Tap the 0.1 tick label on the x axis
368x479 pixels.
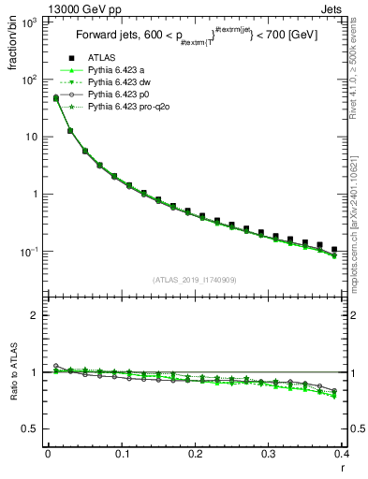click(122, 454)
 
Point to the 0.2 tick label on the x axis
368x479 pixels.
click(196, 454)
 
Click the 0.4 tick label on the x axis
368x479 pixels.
click(341, 454)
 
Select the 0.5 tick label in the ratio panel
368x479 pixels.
click(31, 428)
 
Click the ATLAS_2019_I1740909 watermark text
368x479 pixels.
click(195, 280)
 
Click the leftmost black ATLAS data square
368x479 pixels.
click(55, 98)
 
